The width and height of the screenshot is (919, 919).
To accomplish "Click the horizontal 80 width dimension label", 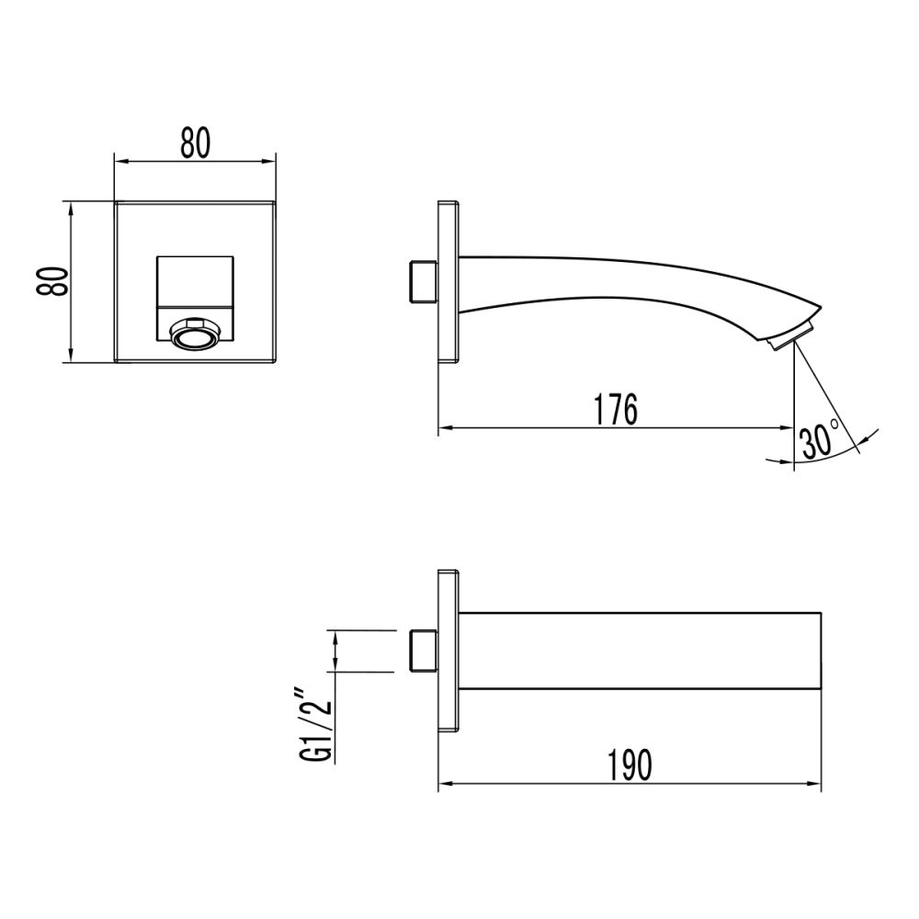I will tap(195, 143).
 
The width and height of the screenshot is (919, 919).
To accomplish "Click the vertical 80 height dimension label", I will tap(53, 281).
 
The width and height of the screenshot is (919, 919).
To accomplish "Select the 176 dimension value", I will tap(615, 410).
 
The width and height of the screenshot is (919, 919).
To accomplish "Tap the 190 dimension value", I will tap(630, 765).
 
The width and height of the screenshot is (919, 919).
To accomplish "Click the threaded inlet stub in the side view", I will tap(422, 282).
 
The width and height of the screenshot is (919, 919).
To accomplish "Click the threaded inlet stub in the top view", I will tap(422, 651).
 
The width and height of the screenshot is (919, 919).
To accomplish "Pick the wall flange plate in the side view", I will tap(448, 281).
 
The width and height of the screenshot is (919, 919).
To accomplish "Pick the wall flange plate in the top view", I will tap(448, 651).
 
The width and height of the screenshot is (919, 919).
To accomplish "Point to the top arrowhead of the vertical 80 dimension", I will tap(71, 208).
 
